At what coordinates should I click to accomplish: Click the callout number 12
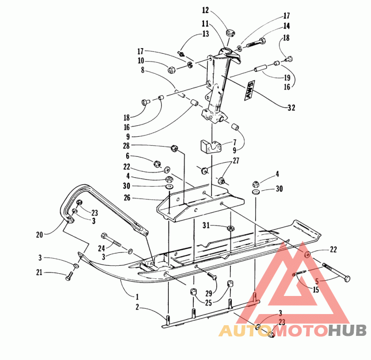(205, 10)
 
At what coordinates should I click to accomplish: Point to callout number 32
(291, 108)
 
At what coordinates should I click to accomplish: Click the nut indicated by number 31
(230, 228)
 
